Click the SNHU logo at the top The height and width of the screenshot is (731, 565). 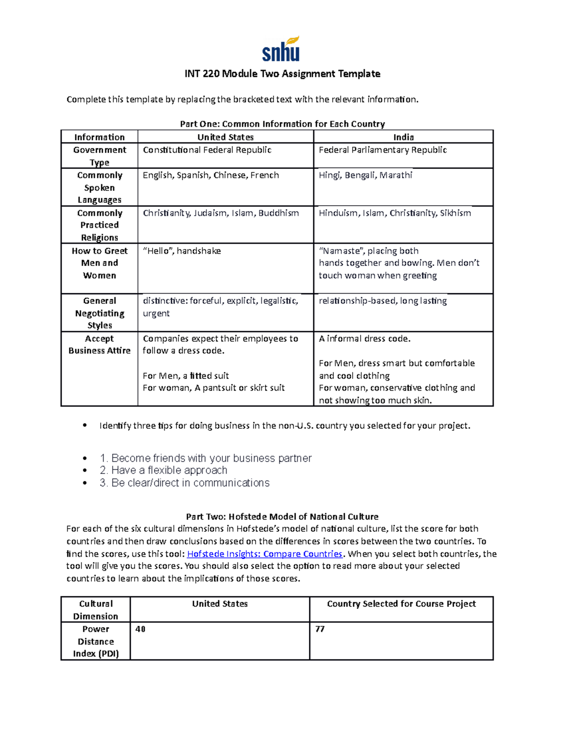click(x=281, y=49)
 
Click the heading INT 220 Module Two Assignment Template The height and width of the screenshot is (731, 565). click(x=282, y=74)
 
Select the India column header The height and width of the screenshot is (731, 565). click(x=404, y=137)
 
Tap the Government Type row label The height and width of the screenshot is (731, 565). click(x=99, y=156)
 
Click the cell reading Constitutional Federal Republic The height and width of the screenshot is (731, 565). click(x=207, y=150)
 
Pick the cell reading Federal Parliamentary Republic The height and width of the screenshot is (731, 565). click(x=382, y=150)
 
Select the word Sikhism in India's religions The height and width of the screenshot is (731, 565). click(x=455, y=213)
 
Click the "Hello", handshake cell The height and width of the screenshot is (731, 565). click(x=182, y=251)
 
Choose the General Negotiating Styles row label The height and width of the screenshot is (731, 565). click(x=99, y=313)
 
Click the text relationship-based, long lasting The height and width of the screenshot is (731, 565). click(x=382, y=301)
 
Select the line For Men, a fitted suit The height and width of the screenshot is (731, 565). click(x=186, y=376)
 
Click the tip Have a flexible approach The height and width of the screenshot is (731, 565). click(x=163, y=470)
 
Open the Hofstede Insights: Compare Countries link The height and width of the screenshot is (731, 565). click(x=265, y=554)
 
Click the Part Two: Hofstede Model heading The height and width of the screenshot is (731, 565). click(x=282, y=516)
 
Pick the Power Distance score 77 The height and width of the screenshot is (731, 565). click(x=320, y=629)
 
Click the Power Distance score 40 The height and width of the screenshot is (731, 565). click(x=140, y=629)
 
